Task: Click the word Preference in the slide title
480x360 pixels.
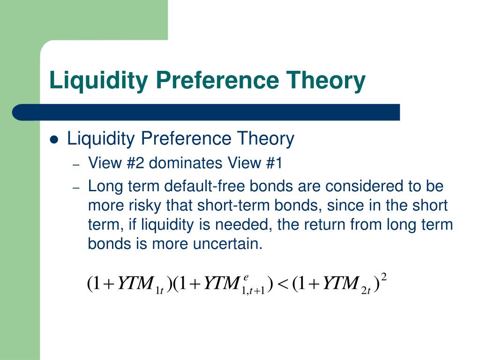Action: coord(217,80)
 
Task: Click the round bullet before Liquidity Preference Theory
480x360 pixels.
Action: coord(54,140)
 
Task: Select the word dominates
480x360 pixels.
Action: coord(186,163)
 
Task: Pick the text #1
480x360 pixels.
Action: coord(274,163)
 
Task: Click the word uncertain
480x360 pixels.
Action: coord(228,244)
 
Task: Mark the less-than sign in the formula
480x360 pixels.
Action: coord(283,284)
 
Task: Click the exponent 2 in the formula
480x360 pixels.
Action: coord(384,277)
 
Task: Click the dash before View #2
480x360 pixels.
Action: coord(76,165)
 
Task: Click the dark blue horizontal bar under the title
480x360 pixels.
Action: coord(206,112)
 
